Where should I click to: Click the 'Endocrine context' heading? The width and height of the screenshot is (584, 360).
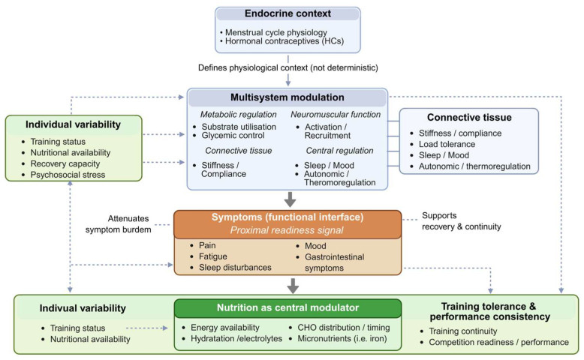pyautogui.click(x=287, y=15)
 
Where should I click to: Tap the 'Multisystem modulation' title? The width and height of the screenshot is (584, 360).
pyautogui.click(x=287, y=98)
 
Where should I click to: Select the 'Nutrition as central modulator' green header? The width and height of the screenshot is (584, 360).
pyautogui.click(x=287, y=307)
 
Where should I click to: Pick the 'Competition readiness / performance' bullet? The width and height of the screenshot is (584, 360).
pyautogui.click(x=498, y=342)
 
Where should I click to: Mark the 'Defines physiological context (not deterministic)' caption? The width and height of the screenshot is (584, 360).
pyautogui.click(x=287, y=68)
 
